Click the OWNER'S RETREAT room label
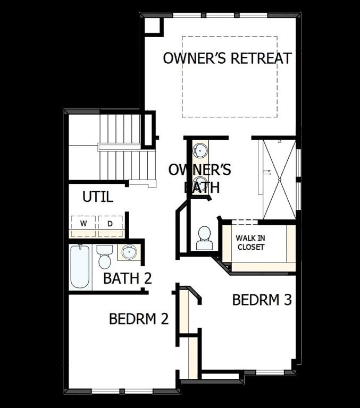tap(227, 58)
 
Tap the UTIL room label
tap(97, 197)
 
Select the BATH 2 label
tap(128, 278)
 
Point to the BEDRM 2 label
tap(138, 319)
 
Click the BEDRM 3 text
tap(262, 300)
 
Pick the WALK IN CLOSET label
tap(250, 243)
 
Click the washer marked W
tap(83, 224)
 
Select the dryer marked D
tap(110, 224)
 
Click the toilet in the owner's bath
tap(204, 238)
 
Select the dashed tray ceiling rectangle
tap(229, 76)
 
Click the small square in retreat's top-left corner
tap(153, 25)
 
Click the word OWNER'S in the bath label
tap(199, 170)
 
